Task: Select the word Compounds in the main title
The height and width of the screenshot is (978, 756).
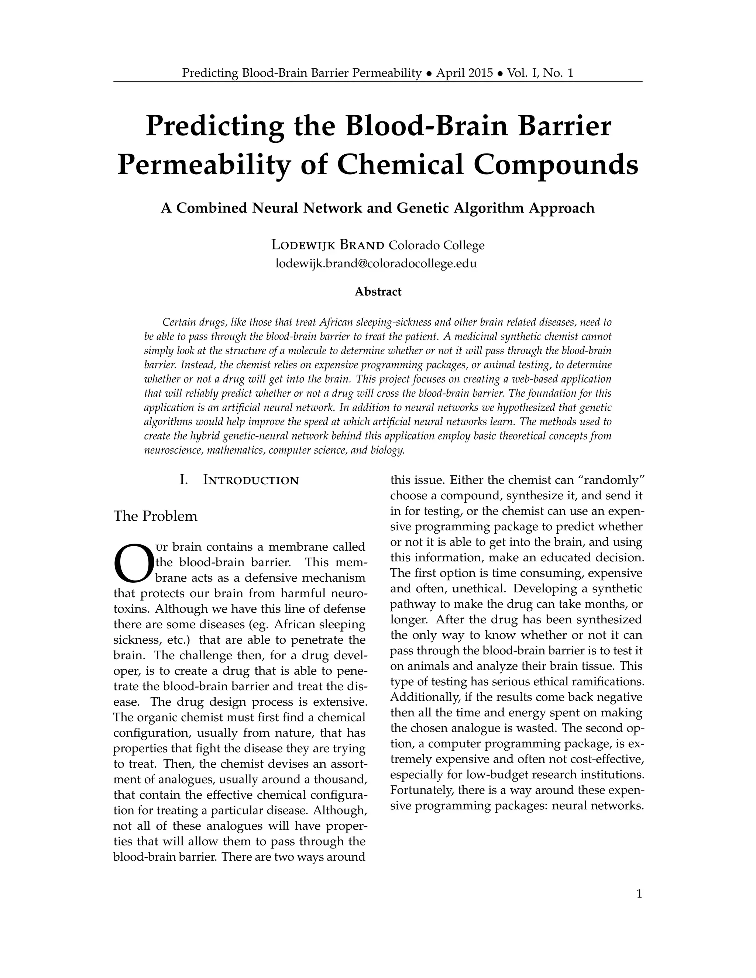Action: click(x=556, y=165)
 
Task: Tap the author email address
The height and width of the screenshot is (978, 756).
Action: click(x=376, y=263)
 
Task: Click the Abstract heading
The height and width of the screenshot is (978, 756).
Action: click(x=378, y=292)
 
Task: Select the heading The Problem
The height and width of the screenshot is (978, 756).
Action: click(x=155, y=516)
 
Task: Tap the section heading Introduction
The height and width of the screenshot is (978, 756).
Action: click(x=251, y=481)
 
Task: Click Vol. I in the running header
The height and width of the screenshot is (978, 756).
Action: click(x=523, y=73)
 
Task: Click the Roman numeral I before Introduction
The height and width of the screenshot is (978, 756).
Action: click(x=183, y=481)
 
